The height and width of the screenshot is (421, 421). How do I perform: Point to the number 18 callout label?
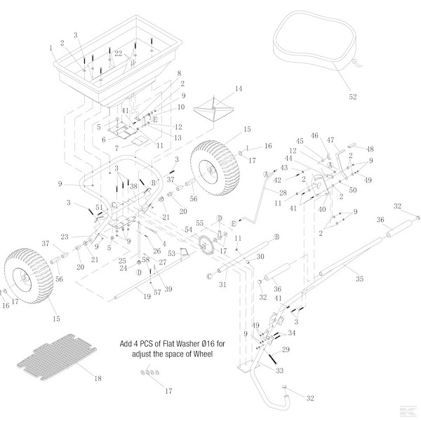pos(98,379)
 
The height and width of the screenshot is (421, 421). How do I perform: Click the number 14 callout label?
pos(238,88)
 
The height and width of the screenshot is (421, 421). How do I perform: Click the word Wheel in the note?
pos(200,354)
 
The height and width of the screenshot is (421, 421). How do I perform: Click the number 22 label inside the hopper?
pos(119,53)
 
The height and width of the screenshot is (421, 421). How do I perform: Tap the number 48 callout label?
pos(370,149)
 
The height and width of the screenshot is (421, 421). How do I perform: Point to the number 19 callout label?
pos(147,298)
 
